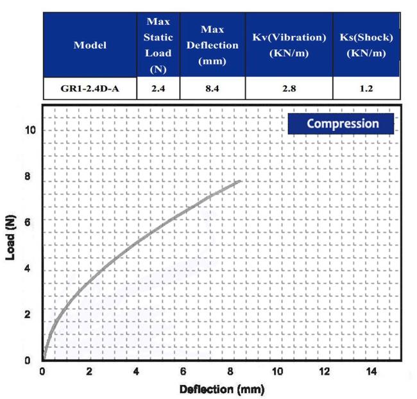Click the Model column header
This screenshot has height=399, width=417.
[x=90, y=45]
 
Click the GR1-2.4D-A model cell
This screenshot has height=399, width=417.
[x=90, y=88]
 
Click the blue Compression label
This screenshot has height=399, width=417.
[x=341, y=123]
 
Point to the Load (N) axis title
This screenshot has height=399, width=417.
[x=10, y=238]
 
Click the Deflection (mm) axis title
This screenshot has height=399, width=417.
[x=221, y=389]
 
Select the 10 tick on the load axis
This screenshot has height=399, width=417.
[x=29, y=130]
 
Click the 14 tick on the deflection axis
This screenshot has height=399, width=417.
[x=372, y=372]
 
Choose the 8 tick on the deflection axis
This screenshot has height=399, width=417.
[x=230, y=372]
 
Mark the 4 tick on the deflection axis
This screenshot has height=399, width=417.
[x=137, y=372]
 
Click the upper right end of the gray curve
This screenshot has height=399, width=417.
[x=241, y=182]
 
